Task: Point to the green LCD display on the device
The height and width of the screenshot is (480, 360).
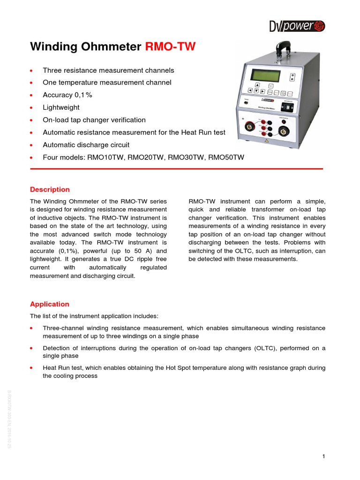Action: (265, 75)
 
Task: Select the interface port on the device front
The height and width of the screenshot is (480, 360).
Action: (288, 106)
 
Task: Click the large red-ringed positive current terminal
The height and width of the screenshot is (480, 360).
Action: (250, 127)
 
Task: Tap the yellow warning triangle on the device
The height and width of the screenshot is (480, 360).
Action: (267, 140)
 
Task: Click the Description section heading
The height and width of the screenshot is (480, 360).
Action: (50, 189)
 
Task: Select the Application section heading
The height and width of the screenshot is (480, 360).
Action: (50, 304)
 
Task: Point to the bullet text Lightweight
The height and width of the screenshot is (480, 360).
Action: (61, 107)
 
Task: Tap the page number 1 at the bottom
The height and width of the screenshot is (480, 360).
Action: (323, 457)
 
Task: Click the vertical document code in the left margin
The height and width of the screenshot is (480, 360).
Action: (8, 419)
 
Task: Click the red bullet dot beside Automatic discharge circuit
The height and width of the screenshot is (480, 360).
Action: (31, 145)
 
